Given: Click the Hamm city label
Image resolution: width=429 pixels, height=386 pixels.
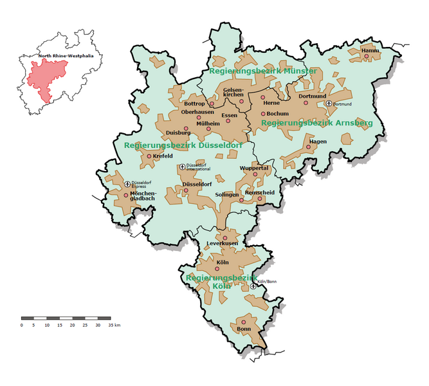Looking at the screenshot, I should (x=370, y=50).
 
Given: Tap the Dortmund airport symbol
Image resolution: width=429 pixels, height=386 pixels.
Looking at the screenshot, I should (x=329, y=104).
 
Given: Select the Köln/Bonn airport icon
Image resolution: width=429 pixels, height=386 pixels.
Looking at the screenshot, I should (x=253, y=286).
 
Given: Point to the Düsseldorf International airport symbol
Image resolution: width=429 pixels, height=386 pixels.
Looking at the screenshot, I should (x=183, y=167).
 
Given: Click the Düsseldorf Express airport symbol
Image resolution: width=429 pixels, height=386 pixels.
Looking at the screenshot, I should (x=127, y=184).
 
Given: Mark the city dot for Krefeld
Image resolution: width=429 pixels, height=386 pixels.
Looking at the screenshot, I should (x=149, y=156).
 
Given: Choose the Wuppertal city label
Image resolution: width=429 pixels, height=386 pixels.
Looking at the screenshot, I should (x=253, y=168).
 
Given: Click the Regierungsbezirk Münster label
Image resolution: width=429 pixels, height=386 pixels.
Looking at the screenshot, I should (x=262, y=70).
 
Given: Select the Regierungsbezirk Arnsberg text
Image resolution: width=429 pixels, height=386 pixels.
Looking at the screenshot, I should (x=316, y=122).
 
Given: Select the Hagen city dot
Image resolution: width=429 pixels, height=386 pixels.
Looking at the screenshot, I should (x=308, y=147).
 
